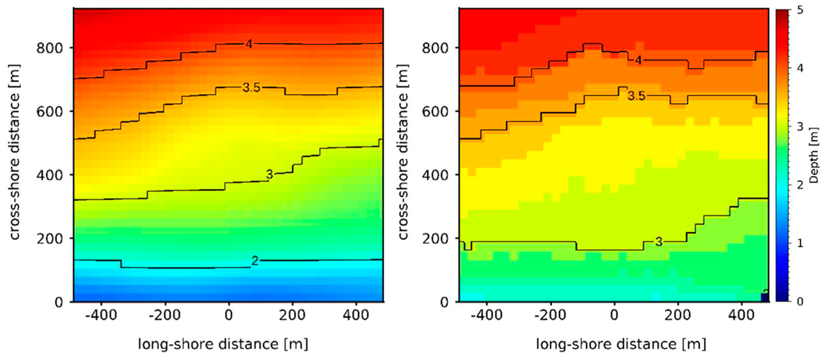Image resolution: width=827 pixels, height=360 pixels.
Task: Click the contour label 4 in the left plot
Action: (249, 44)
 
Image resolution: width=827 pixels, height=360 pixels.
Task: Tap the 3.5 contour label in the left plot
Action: (251, 87)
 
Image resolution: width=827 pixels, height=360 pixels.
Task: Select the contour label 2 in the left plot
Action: (255, 261)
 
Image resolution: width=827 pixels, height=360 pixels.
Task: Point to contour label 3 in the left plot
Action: (269, 174)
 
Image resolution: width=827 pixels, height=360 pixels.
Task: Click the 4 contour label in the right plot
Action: (638, 60)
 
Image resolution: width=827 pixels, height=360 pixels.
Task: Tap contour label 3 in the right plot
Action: (658, 242)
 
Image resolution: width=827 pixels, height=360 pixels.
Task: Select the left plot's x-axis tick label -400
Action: (101, 315)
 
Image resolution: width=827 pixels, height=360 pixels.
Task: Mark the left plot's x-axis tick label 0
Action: (229, 315)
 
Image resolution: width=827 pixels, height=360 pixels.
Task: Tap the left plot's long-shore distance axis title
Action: (223, 344)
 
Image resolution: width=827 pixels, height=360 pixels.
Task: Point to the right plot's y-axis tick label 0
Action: (444, 302)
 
